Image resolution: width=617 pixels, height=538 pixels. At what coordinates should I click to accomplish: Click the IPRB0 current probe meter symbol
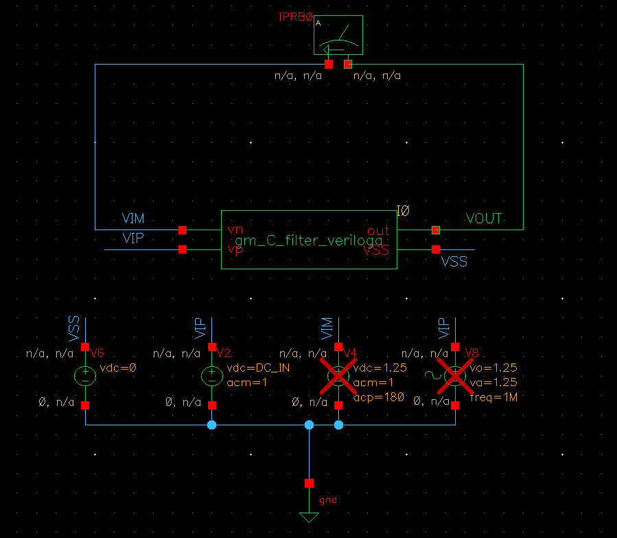pos(338,36)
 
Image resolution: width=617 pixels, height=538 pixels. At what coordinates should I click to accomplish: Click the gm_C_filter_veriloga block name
pos(308,240)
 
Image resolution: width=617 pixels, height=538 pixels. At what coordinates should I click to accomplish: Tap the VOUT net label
pos(484,218)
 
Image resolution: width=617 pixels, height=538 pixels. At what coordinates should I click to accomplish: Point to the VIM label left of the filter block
pos(133,218)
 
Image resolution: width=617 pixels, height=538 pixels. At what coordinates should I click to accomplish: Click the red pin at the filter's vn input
pos(183,229)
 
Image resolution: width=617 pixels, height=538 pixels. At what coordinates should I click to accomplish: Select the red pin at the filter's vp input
pos(183,249)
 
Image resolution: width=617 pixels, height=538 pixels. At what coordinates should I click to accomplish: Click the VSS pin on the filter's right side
pos(436,249)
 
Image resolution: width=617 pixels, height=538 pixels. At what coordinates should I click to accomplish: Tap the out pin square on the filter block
pos(436,229)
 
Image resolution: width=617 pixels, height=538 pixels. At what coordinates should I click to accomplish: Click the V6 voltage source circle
pos(85,376)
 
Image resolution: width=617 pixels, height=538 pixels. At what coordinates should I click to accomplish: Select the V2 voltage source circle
pos(212,376)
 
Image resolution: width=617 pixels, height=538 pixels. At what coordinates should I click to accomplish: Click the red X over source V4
pos(338,376)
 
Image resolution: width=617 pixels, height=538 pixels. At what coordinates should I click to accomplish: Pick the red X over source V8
pos(455,376)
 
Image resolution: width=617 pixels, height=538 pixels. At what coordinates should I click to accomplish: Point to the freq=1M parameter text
pos(493,396)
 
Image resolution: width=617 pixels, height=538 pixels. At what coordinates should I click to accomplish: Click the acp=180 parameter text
pos(380,396)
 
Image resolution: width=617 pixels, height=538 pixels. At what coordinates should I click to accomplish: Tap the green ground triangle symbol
pos(309,517)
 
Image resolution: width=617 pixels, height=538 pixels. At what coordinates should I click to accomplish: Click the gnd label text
pos(329,500)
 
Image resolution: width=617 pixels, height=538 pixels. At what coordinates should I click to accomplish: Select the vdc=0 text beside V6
pos(118,368)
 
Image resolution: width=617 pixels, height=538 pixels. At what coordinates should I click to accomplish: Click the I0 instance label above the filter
pos(403,212)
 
